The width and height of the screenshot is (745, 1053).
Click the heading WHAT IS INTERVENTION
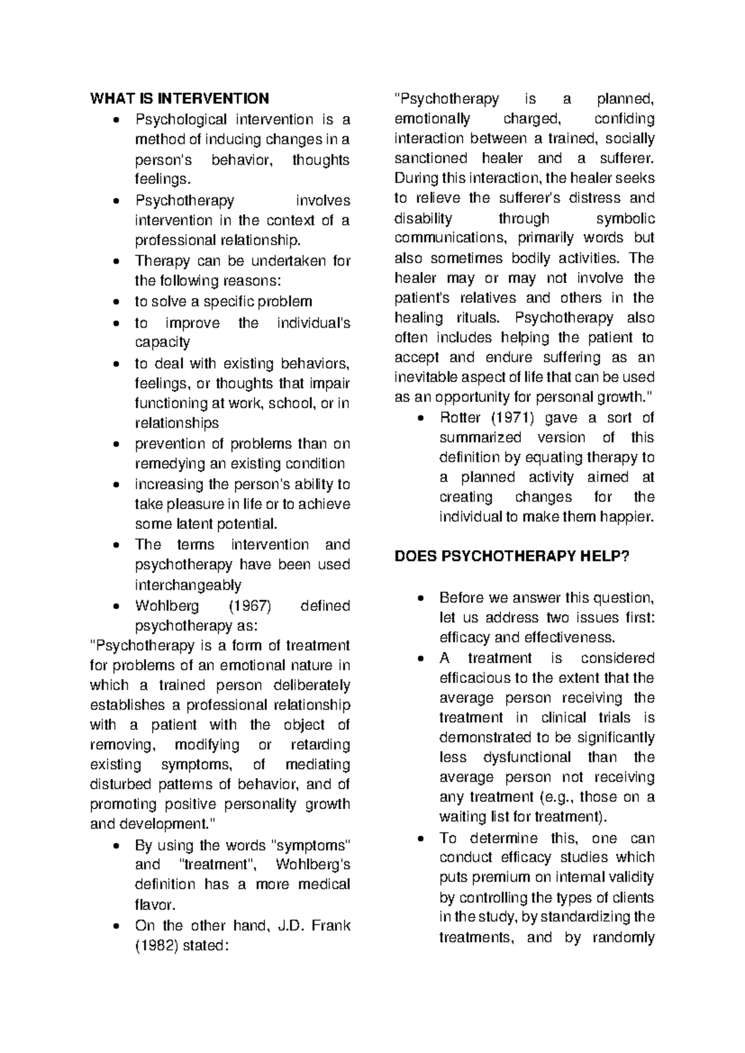pyautogui.click(x=179, y=99)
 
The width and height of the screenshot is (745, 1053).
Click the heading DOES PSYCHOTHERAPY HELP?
pyautogui.click(x=512, y=556)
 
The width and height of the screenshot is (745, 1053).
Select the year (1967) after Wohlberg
pyautogui.click(x=251, y=606)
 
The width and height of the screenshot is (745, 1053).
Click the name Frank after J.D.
pyautogui.click(x=332, y=926)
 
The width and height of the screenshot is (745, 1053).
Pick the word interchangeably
pyautogui.click(x=188, y=585)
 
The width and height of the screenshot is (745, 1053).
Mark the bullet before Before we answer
pyautogui.click(x=422, y=599)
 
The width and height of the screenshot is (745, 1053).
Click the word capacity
pyautogui.click(x=162, y=343)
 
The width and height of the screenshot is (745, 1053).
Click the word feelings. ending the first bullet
pyautogui.click(x=160, y=180)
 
